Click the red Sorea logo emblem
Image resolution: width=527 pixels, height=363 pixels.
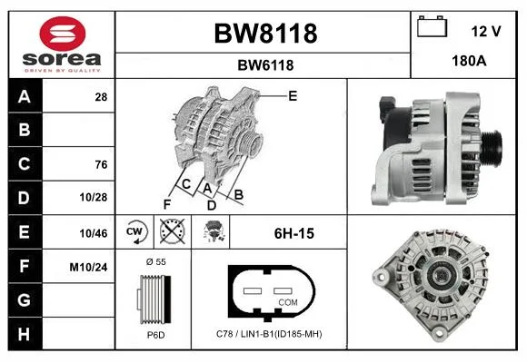[x=63, y=34]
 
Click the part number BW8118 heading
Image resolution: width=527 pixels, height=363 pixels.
[x=265, y=34]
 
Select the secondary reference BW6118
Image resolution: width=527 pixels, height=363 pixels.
[x=265, y=65]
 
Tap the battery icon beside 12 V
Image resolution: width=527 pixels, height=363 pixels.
[x=432, y=26]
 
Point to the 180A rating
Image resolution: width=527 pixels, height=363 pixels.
[x=469, y=61]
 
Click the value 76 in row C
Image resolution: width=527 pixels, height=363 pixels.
[x=101, y=164]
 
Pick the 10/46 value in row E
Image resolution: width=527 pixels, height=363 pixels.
[x=93, y=233]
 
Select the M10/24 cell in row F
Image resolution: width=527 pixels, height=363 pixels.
[x=88, y=268]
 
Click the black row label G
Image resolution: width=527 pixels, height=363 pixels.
[x=25, y=299]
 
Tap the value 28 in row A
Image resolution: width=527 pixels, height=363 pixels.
[x=101, y=97]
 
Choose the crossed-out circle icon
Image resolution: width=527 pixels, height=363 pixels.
[x=172, y=231]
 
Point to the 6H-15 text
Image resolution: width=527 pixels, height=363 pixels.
[x=294, y=233]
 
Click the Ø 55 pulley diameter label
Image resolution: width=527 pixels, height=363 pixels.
[x=156, y=261]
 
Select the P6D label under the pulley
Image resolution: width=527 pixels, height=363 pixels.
[x=155, y=335]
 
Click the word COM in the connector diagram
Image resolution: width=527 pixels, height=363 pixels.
[x=288, y=302]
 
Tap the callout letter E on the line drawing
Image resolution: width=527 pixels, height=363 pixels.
[x=293, y=96]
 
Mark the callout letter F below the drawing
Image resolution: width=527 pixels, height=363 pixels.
[x=167, y=204]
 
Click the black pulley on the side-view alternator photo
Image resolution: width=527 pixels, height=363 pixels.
[x=491, y=149]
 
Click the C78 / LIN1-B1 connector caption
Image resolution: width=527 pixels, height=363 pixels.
[x=269, y=334]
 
